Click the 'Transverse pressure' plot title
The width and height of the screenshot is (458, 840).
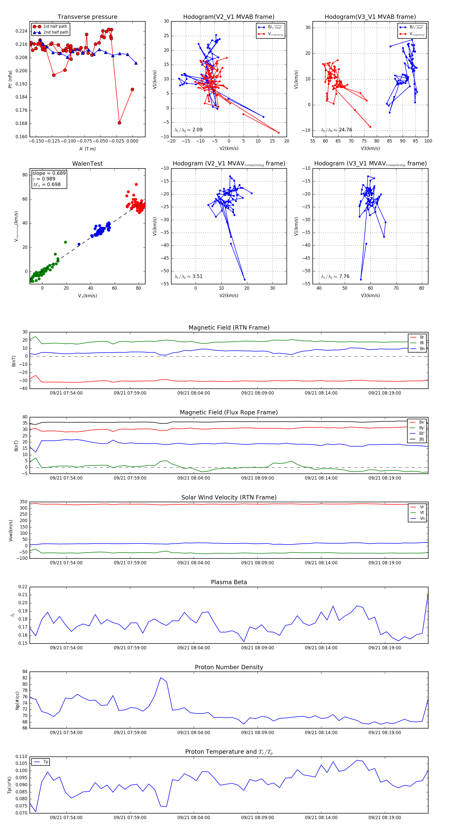[87, 17]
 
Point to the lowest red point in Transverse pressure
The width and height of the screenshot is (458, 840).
[119, 123]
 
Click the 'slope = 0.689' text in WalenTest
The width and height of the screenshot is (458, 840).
[49, 173]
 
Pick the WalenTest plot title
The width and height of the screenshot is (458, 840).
[87, 164]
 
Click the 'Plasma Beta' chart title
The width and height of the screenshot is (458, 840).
[229, 582]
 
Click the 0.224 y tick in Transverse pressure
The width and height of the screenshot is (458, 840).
[22, 31]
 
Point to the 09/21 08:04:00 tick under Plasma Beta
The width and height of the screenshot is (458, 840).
[194, 648]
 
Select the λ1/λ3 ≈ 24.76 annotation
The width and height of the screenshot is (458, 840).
[336, 130]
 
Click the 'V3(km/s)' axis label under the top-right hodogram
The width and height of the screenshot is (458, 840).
[370, 148]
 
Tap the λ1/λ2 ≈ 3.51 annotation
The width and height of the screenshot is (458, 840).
[188, 276]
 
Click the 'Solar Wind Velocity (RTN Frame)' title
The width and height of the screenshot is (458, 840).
[229, 497]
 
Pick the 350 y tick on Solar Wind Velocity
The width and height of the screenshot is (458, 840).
[23, 502]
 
